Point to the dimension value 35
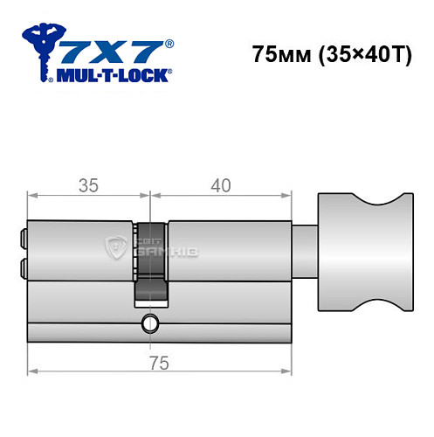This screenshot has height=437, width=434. pos(86,184)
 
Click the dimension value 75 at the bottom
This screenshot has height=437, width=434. pos(157,361)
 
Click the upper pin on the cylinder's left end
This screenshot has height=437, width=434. pos(23,234)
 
